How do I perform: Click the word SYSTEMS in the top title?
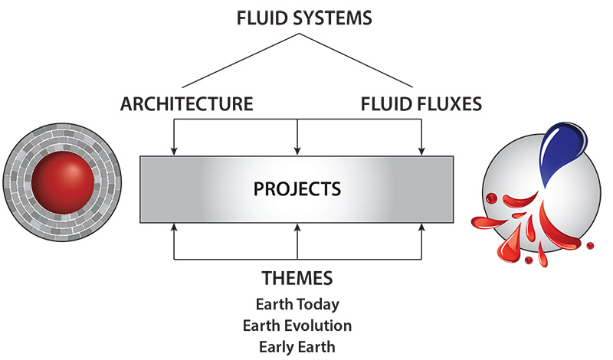pos(330,18)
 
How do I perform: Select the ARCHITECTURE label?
pos(186,103)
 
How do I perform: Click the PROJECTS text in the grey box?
pos(297,188)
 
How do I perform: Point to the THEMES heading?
pos(297,277)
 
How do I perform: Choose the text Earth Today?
pos(297,304)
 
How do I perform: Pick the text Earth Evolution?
pos(297,326)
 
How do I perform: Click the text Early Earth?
pos(297,346)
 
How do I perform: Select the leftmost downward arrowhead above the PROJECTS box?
pos(175,150)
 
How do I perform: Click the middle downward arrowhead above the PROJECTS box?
pos(297,150)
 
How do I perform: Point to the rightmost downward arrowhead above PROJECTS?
pos(421,150)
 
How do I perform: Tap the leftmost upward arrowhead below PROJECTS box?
pos(175,225)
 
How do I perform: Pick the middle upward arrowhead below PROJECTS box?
pos(297,225)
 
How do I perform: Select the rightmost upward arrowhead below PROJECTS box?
pos(421,225)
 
